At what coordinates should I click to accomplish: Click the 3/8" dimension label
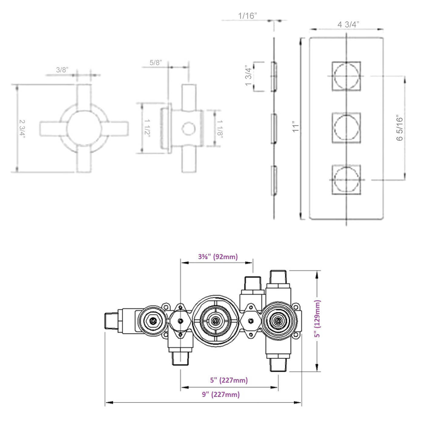pos(62,70)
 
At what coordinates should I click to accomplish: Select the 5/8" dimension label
pos(156,63)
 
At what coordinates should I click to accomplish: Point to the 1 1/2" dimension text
pos(147,128)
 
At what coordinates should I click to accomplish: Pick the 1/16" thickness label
pos(247,16)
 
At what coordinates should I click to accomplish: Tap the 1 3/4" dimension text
pos(248,75)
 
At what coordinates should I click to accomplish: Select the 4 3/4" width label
pos(348,25)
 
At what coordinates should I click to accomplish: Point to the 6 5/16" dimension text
pos(399,128)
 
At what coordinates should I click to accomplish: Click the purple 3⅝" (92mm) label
pos(218,257)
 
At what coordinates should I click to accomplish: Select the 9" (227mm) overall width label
pos(221,395)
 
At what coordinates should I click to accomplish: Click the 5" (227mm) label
pos(229,380)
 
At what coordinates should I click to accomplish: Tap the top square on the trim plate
pos(346,76)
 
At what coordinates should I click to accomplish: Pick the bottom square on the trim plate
pos(346,179)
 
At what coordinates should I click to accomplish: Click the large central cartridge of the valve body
pos(215,320)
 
